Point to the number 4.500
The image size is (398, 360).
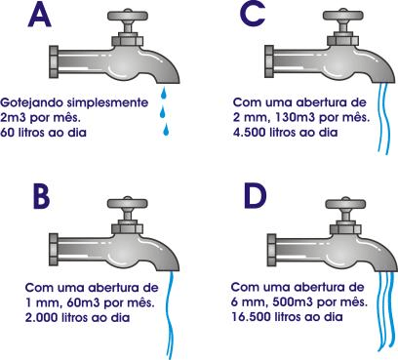pos(250,131)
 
